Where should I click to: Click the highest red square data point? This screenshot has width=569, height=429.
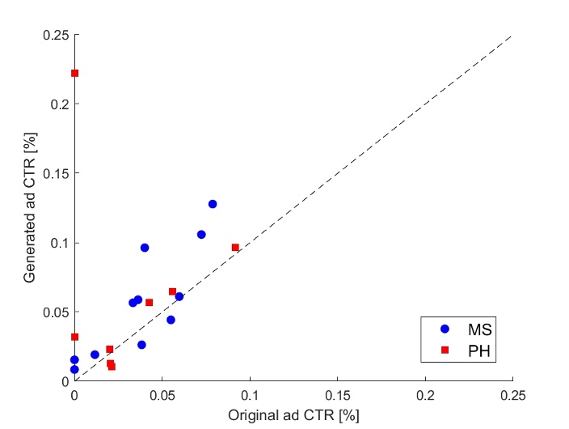pyautogui.click(x=74, y=73)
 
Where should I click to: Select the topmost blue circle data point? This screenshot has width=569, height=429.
pyautogui.click(x=213, y=204)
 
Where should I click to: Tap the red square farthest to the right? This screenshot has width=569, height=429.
pyautogui.click(x=235, y=248)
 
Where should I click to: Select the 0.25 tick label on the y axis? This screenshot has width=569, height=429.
pyautogui.click(x=56, y=35)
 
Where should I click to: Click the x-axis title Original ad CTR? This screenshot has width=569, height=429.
pyautogui.click(x=293, y=414)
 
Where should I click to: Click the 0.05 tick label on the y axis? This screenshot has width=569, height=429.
pyautogui.click(x=56, y=312)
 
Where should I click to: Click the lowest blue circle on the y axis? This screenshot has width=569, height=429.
pyautogui.click(x=74, y=369)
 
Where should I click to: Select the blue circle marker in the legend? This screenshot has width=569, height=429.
pyautogui.click(x=444, y=329)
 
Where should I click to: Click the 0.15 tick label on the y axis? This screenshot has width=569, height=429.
pyautogui.click(x=56, y=173)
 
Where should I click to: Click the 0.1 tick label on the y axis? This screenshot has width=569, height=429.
pyautogui.click(x=60, y=243)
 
